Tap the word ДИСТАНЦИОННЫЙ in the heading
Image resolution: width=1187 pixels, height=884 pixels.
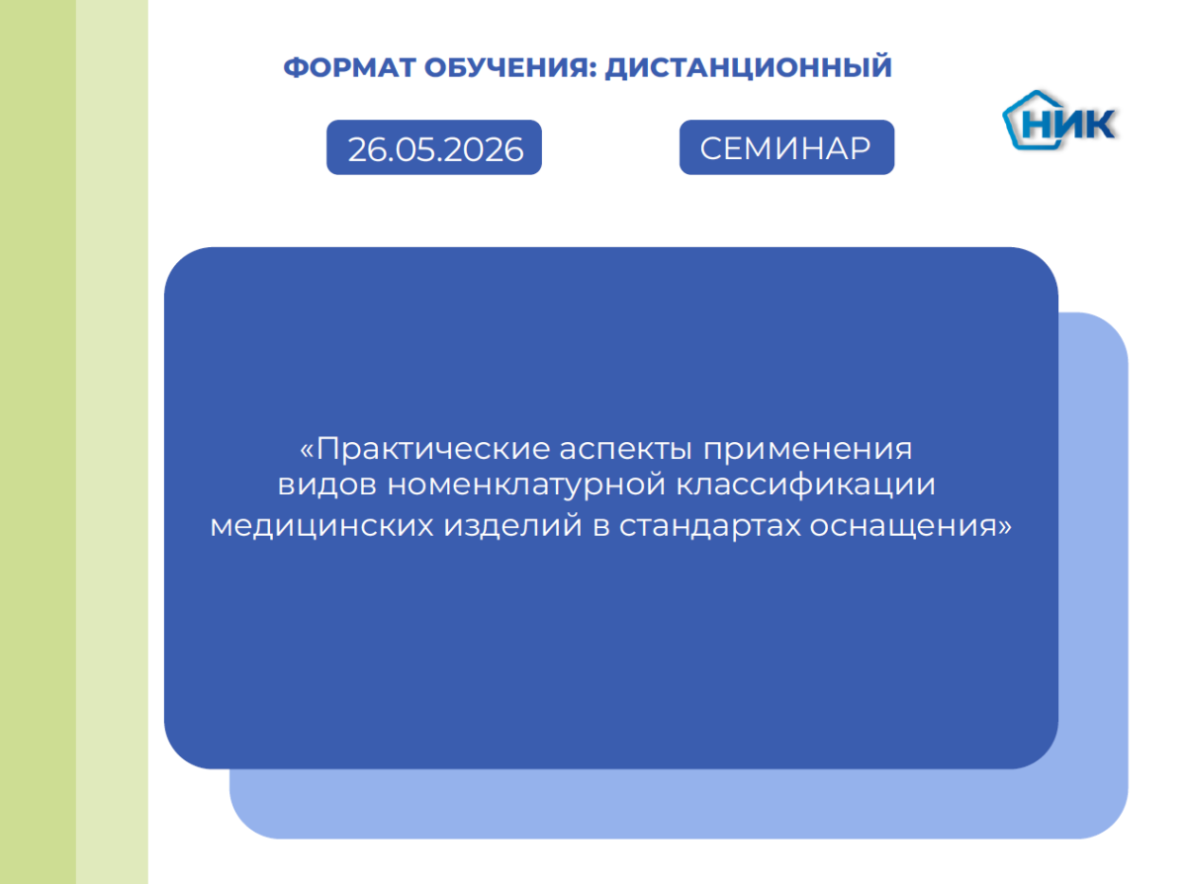[x=748, y=67]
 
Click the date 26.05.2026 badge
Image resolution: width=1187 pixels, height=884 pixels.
[x=434, y=147]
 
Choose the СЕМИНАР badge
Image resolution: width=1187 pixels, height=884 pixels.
[x=786, y=147]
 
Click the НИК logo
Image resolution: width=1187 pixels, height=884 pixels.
[x=1060, y=120]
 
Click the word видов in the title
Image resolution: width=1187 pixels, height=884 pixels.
[x=327, y=485]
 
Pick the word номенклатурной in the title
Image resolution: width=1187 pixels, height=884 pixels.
[x=526, y=486]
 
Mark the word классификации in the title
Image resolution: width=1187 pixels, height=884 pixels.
[x=805, y=485]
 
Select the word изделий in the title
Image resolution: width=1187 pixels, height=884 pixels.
[x=512, y=525]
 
